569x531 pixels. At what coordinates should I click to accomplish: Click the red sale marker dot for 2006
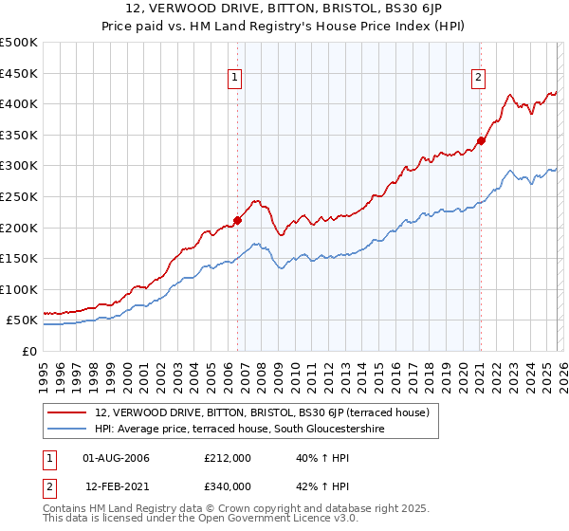click(x=237, y=220)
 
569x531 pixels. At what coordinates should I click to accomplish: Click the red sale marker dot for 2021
click(x=481, y=140)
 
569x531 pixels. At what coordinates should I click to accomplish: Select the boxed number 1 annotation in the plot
click(x=234, y=79)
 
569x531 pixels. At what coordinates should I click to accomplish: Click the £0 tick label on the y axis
click(x=28, y=351)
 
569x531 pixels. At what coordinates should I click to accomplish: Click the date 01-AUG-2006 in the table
click(x=117, y=458)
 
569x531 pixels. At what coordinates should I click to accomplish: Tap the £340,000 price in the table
click(x=227, y=486)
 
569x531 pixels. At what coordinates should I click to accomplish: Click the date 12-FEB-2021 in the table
click(x=117, y=486)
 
